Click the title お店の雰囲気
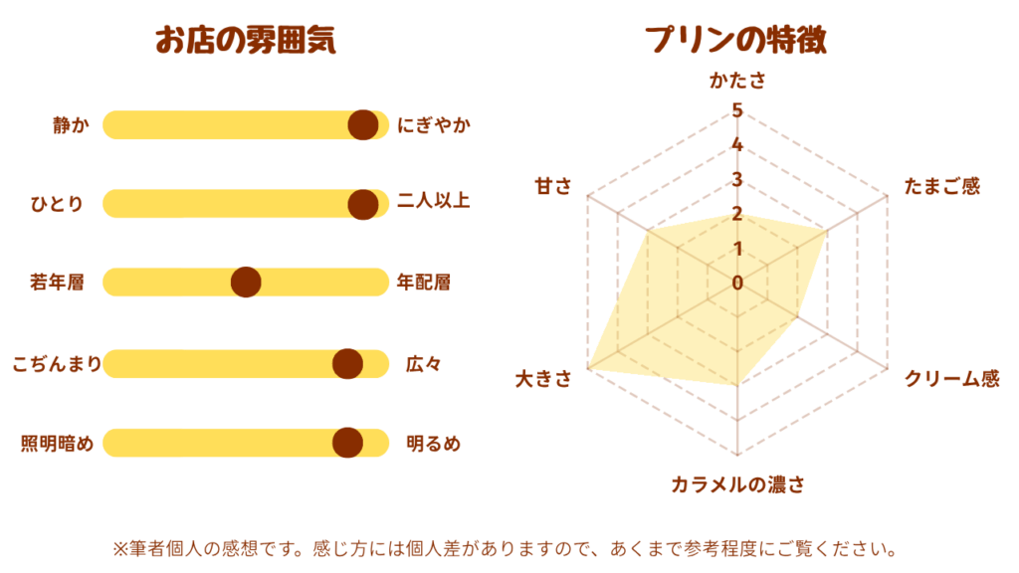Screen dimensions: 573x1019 [x=245, y=41]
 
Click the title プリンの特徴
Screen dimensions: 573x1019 [x=737, y=41]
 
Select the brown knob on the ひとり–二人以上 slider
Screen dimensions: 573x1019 [x=363, y=203]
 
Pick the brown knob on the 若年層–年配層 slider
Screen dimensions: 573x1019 [x=246, y=283]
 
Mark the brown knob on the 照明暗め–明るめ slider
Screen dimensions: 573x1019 [x=347, y=443]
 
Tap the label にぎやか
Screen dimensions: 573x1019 [x=434, y=125]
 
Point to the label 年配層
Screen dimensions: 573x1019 [x=424, y=283]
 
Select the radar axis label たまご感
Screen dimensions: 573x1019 [x=942, y=186]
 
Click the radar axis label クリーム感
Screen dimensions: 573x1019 [x=951, y=379]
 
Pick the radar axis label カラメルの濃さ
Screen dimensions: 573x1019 [x=737, y=485]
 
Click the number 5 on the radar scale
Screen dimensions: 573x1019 [x=736, y=110]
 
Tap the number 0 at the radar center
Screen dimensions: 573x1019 [x=737, y=284]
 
